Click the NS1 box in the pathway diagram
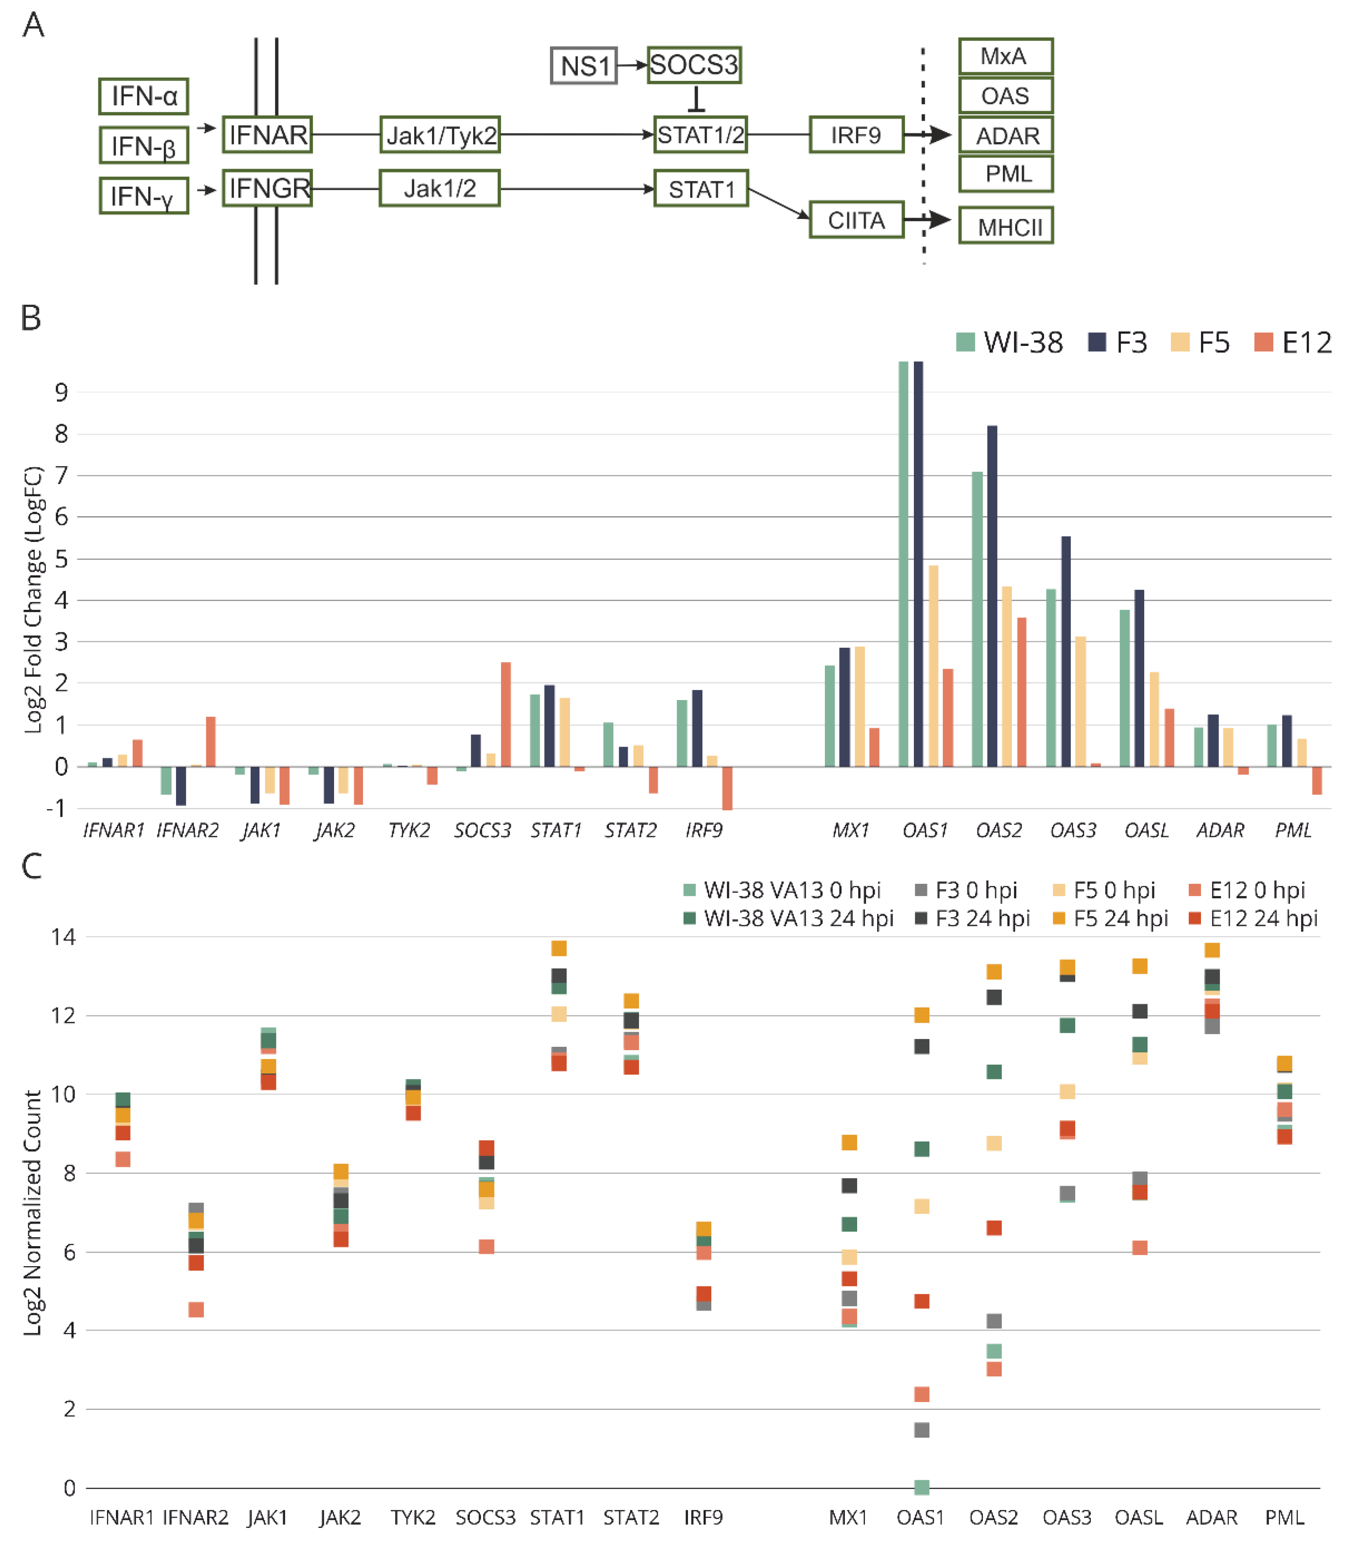coord(584,66)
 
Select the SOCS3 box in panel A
coord(694,65)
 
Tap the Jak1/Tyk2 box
coord(440,135)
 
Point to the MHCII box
coord(1006,226)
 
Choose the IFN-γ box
coord(143,196)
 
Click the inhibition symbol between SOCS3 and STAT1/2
coord(696,100)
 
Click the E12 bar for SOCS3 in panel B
coord(506,714)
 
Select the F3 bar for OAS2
coord(992,595)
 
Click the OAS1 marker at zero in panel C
coord(921,1487)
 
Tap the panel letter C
coord(31,867)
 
